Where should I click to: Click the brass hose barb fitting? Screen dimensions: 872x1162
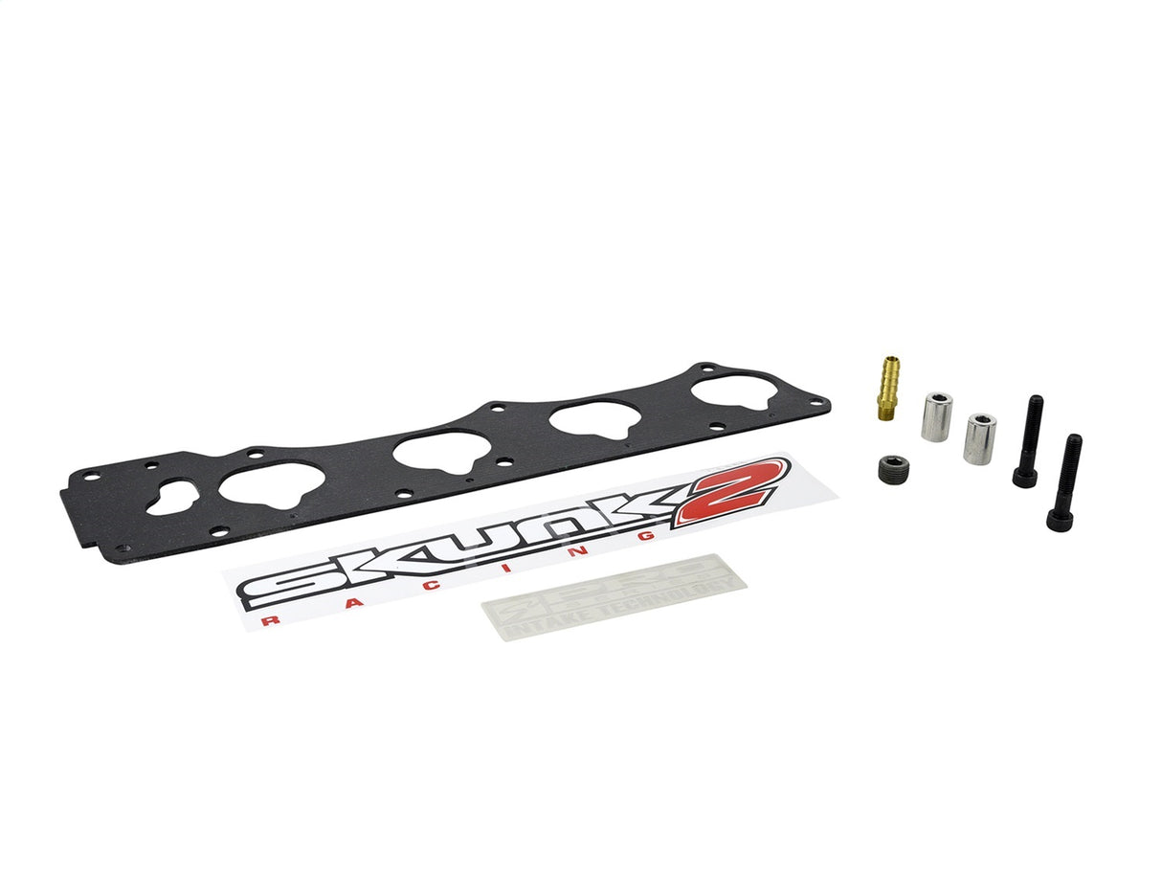[887, 386]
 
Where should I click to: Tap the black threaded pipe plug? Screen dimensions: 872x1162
[892, 467]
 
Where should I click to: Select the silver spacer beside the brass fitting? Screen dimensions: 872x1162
[937, 415]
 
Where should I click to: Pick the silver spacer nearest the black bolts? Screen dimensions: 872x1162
[979, 438]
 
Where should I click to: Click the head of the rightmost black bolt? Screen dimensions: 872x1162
[1060, 518]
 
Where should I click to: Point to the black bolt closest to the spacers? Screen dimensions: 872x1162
[1029, 440]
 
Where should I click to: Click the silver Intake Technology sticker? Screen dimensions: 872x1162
[613, 598]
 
